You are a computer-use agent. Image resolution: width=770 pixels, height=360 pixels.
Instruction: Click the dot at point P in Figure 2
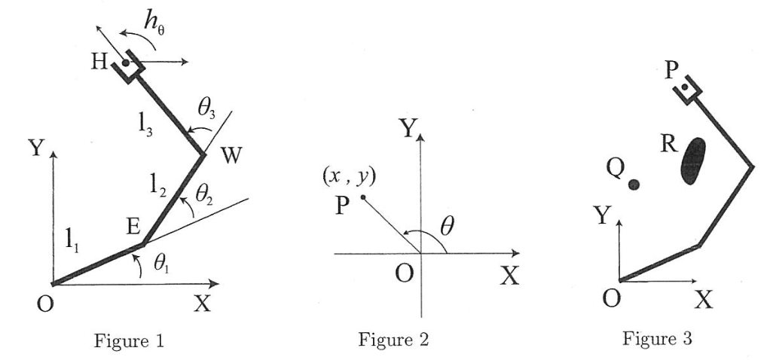pos(363,198)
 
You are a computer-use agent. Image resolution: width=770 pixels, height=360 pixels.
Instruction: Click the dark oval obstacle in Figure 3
pos(692,160)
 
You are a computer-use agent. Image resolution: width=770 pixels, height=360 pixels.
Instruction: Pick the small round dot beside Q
pos(634,185)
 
